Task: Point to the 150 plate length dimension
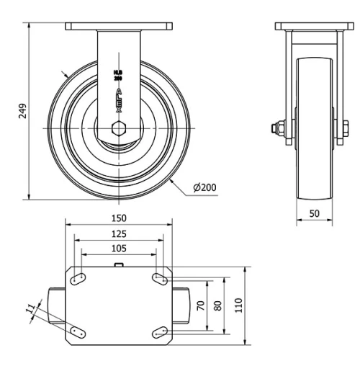119,218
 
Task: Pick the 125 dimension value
119,233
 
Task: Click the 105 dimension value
119,249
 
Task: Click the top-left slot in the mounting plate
79,278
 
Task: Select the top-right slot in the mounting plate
159,278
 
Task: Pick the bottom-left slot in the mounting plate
79,331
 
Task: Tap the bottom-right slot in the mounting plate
159,331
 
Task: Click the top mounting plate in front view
119,27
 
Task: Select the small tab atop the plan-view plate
119,266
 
